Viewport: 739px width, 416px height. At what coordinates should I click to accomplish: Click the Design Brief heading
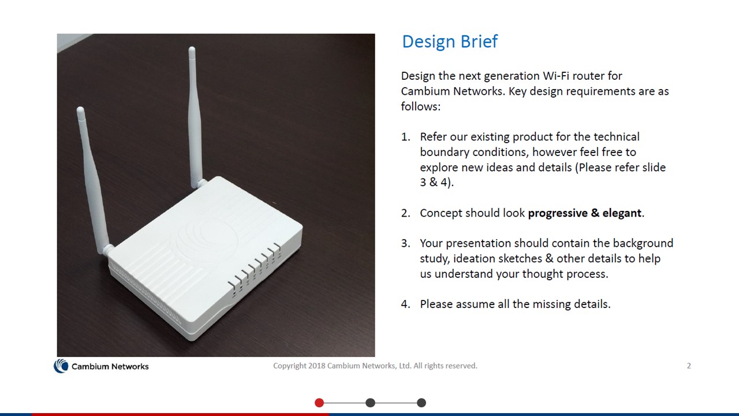pos(450,41)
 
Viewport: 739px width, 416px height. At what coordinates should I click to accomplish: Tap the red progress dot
pos(319,403)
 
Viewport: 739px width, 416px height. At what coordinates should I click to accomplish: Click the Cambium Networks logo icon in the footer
pos(61,366)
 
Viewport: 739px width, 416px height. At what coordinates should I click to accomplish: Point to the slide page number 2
pos(689,366)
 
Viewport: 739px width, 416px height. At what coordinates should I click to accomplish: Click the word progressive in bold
pos(557,213)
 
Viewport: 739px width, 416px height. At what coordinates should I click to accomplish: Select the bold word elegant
pos(622,213)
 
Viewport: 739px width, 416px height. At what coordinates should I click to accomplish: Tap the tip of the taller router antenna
pos(192,49)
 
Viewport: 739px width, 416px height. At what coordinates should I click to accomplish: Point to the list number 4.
pos(405,304)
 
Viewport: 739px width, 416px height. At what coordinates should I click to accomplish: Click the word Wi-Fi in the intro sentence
pos(556,76)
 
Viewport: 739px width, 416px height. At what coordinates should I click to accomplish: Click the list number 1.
pos(405,137)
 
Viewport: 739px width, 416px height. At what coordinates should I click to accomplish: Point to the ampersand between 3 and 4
pos(433,182)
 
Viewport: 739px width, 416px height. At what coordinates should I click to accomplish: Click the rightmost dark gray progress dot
pos(421,403)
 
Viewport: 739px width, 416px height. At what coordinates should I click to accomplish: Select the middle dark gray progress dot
pos(371,403)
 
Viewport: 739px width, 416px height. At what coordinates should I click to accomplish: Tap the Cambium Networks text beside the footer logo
pos(110,366)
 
